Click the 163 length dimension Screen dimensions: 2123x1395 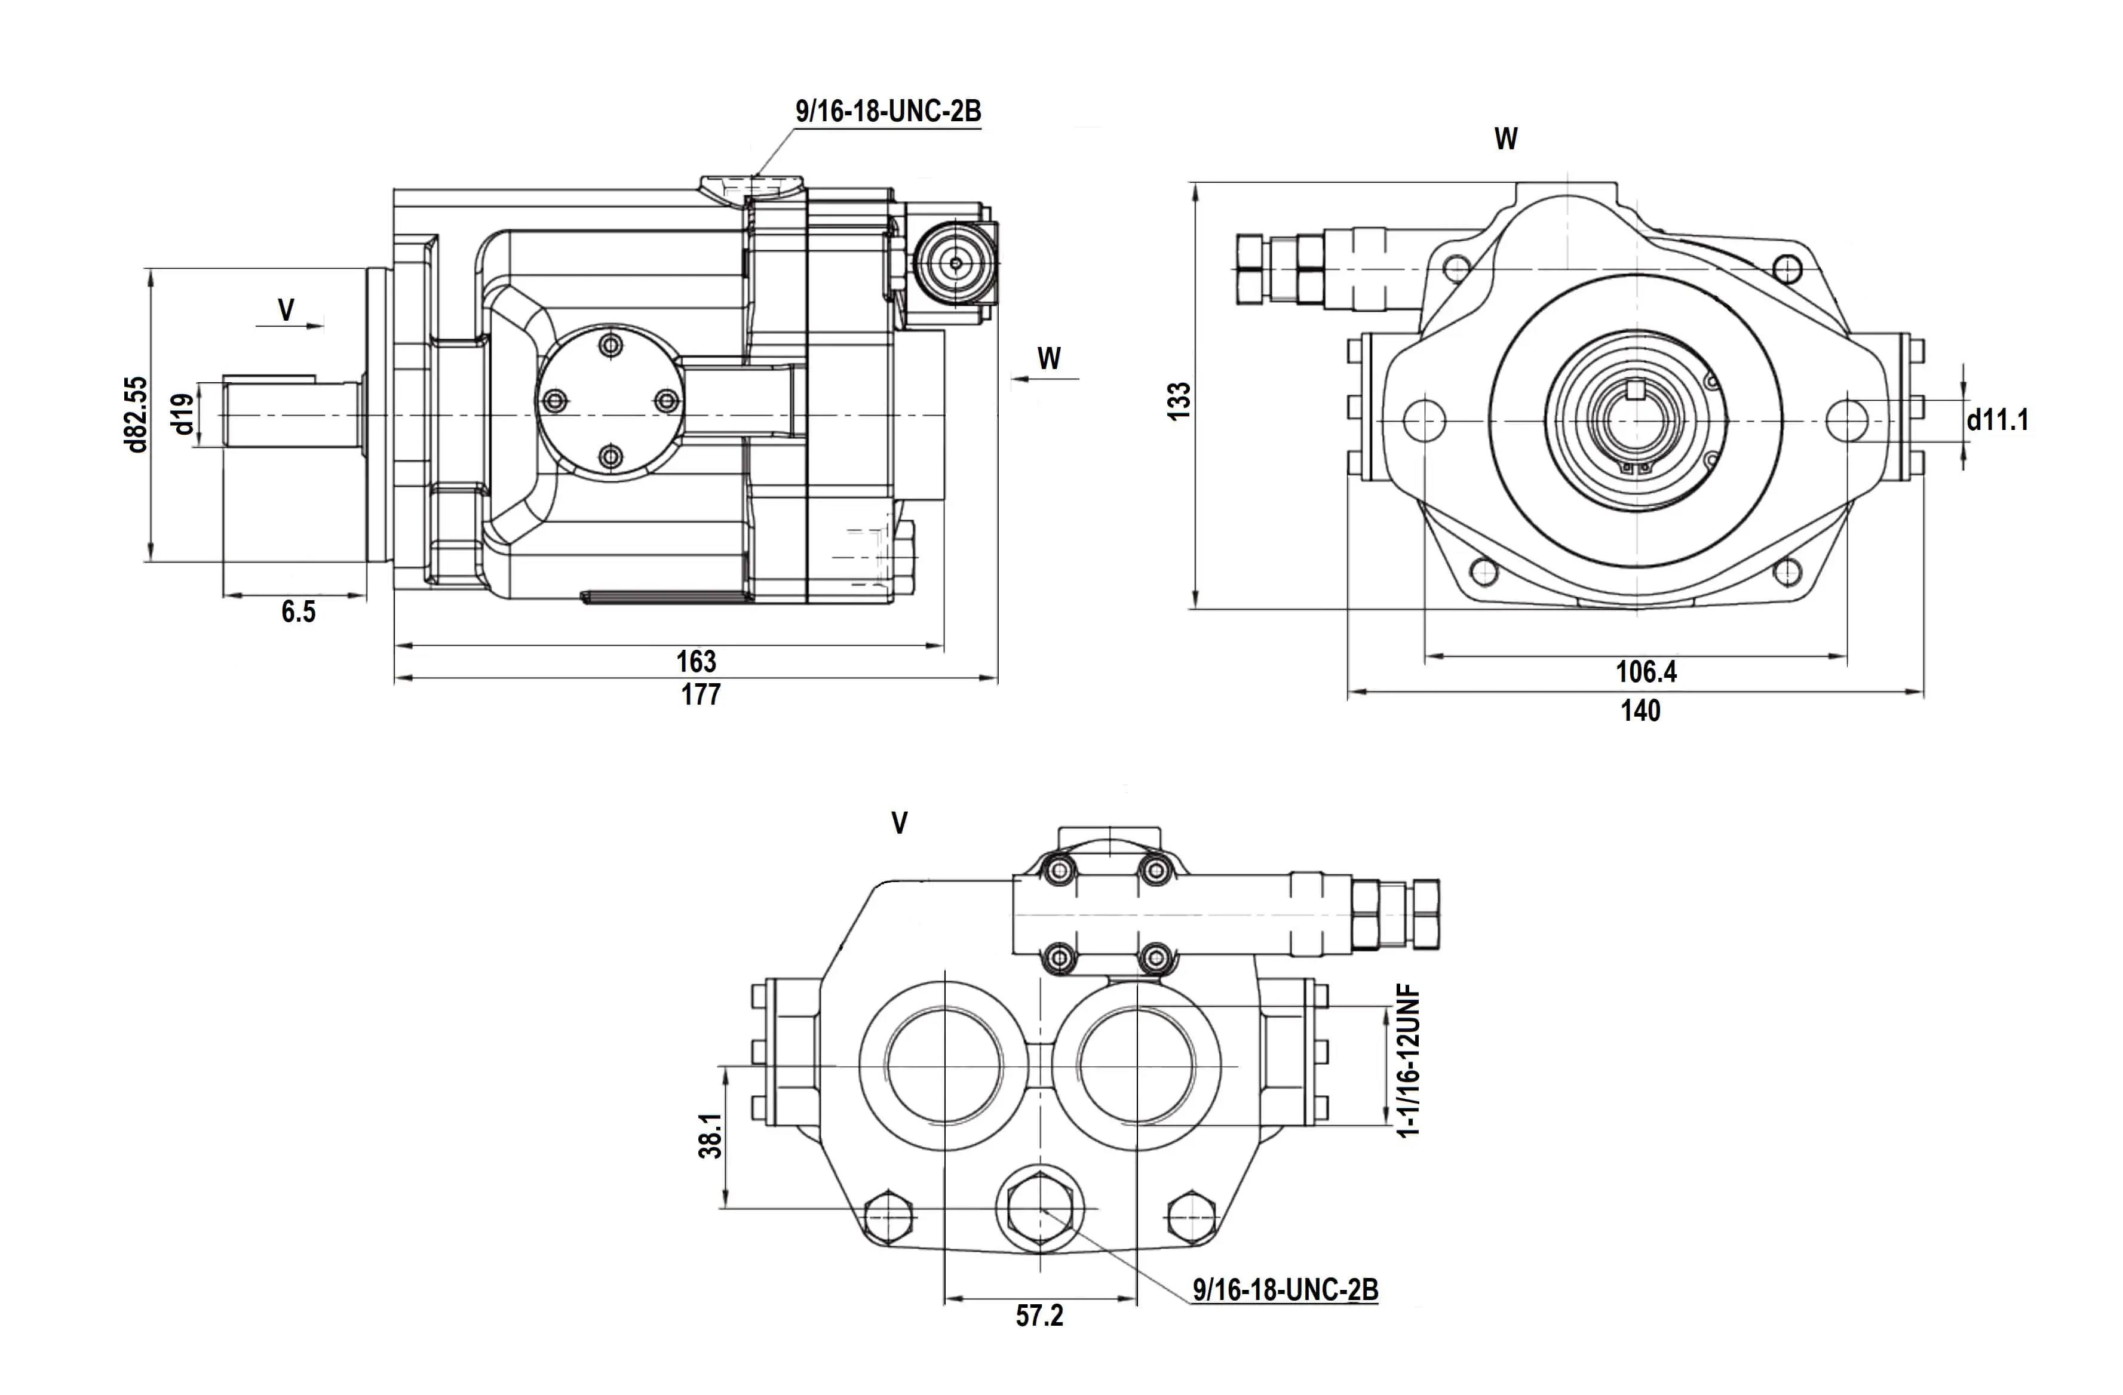(696, 661)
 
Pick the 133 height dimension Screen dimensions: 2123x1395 (1179, 401)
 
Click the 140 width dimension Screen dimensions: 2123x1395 (1640, 711)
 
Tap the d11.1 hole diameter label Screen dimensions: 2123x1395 (1998, 419)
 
